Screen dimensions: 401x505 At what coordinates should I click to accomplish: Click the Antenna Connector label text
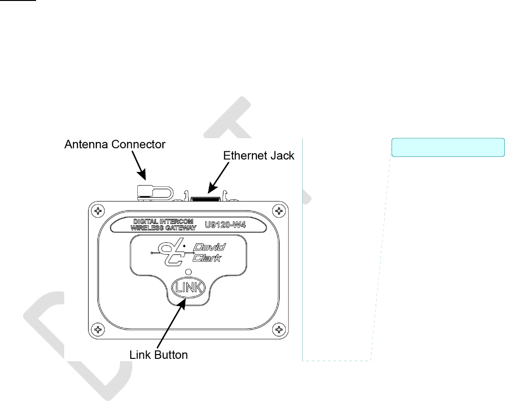[114, 145]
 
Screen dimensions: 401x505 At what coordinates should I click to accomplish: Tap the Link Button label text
[158, 355]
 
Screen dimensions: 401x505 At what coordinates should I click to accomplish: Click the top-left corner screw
[98, 210]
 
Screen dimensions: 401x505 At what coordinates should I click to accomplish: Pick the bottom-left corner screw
[98, 329]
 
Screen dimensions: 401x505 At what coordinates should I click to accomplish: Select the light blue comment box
[448, 147]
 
